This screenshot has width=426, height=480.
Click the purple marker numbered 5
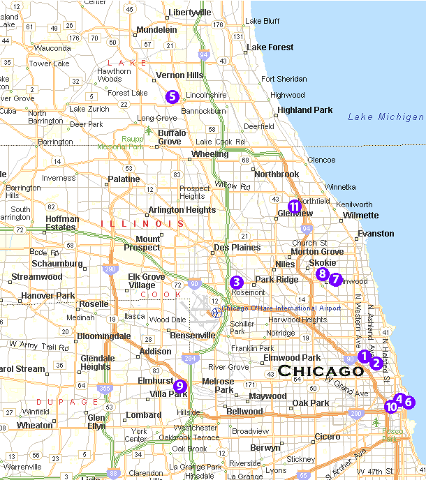(172, 97)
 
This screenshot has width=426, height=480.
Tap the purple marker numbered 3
(237, 282)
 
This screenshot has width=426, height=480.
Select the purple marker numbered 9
(179, 385)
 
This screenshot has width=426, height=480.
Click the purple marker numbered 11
(295, 205)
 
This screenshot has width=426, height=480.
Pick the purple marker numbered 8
(322, 273)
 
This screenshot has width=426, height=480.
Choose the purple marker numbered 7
(335, 279)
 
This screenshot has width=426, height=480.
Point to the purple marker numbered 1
(363, 356)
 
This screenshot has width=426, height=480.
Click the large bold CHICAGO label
(321, 370)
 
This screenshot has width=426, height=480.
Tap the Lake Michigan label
(385, 117)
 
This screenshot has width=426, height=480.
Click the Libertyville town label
(189, 13)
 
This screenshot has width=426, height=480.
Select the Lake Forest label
(270, 47)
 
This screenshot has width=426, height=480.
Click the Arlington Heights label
(182, 210)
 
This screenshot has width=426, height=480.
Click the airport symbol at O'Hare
(216, 312)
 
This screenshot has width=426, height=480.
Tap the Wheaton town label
(34, 425)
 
